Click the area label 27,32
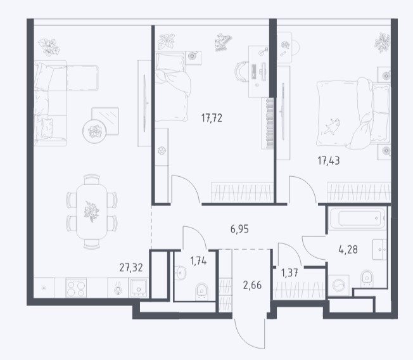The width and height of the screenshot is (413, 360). coord(131,267)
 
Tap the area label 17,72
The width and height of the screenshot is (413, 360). coord(212,118)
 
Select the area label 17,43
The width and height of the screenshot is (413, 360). coord(329,160)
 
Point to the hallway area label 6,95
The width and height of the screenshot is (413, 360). coord(239,229)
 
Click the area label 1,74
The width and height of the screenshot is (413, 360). coord(198,261)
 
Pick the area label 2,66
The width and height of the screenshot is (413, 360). coord(252,285)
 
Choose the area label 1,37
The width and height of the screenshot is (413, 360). coord(289,273)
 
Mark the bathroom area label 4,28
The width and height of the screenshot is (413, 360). coord(348,249)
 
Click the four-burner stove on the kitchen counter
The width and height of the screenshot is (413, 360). coord(76,288)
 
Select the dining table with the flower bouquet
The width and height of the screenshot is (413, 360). coord(92,212)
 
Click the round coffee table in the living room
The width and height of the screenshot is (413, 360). coord(94,131)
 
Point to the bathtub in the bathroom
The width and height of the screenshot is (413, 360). coord(357,218)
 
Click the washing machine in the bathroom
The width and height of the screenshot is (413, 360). coord(338,286)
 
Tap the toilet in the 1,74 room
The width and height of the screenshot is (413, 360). coord(202,292)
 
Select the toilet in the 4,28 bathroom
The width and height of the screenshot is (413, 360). coord(367,278)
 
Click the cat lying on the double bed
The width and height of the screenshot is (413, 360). coord(332,126)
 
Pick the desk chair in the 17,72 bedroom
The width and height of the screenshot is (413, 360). coord(242,72)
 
